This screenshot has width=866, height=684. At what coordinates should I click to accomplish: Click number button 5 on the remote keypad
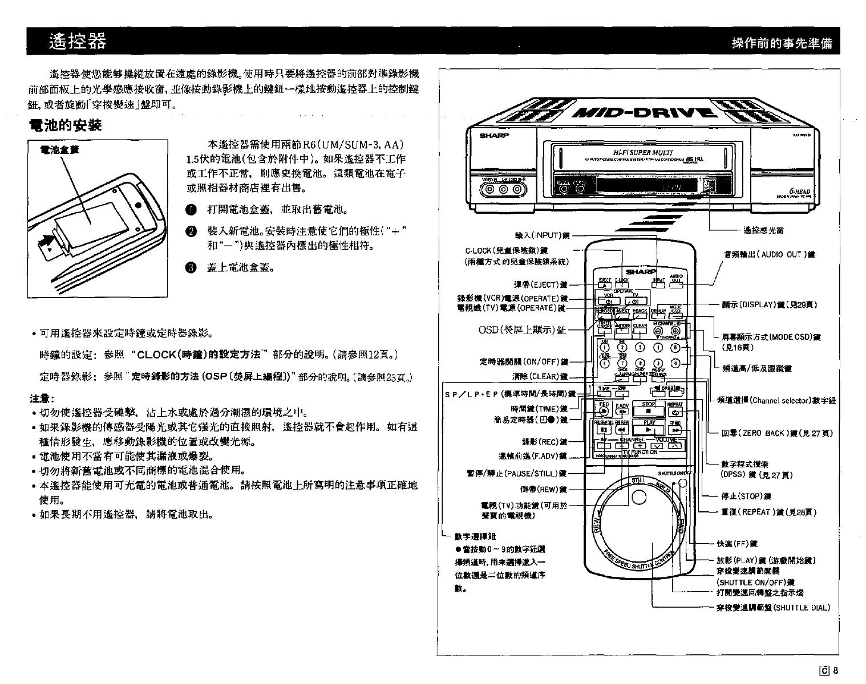click(676, 348)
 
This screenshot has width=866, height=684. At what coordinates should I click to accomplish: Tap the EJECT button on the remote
click(605, 285)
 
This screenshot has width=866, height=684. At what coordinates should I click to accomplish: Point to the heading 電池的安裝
click(64, 125)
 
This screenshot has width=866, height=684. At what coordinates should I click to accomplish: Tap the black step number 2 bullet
click(192, 231)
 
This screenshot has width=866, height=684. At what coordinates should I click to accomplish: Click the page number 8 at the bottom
click(836, 670)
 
